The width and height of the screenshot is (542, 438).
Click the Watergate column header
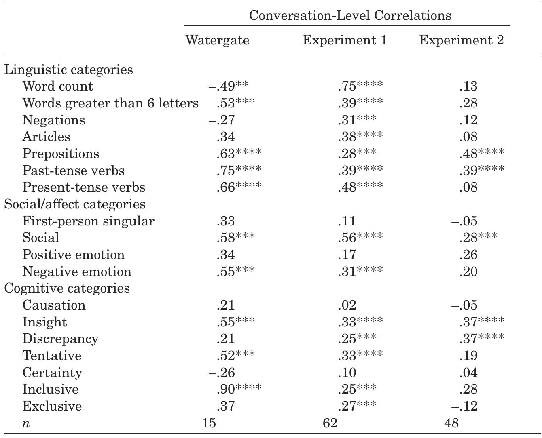tap(217, 40)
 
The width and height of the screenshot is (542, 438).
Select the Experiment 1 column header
tap(345, 40)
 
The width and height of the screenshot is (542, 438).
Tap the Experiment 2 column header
tap(462, 40)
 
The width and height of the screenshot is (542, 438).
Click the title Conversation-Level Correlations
tap(350, 15)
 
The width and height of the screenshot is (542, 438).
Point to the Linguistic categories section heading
tap(68, 69)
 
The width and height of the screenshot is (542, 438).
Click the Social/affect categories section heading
tap(75, 204)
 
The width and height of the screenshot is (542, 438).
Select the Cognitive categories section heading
tap(67, 288)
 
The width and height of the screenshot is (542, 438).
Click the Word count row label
tap(57, 86)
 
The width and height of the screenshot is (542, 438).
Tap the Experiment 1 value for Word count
tap(360, 86)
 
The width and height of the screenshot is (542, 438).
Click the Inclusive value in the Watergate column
tap(239, 389)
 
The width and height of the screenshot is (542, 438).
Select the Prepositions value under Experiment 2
tap(481, 154)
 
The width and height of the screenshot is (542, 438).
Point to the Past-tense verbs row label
tap(73, 171)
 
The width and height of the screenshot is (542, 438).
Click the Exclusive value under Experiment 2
tap(464, 406)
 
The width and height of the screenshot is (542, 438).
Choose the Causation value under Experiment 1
tap(347, 305)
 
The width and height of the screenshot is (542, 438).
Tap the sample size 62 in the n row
tap(330, 423)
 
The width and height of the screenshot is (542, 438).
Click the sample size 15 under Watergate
tap(209, 423)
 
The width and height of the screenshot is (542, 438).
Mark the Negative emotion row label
tap(77, 272)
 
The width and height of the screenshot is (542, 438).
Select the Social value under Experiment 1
tap(360, 238)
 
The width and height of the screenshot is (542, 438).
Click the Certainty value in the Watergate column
tap(222, 373)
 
